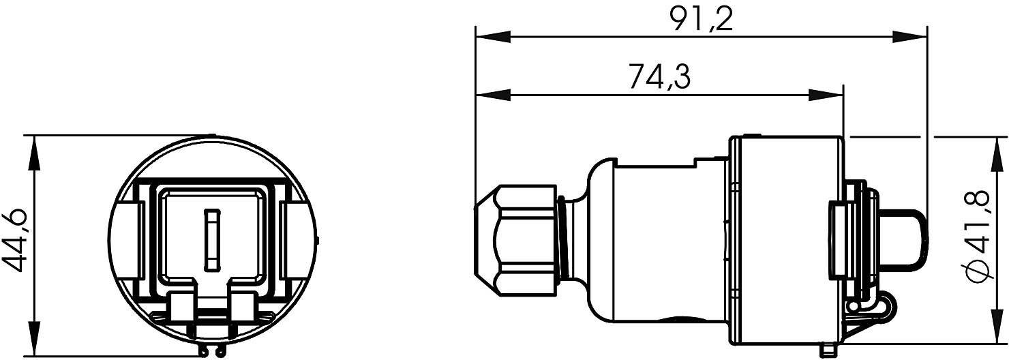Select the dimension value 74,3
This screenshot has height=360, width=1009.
659,77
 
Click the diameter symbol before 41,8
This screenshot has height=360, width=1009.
979,271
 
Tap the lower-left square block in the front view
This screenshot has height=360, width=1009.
182,307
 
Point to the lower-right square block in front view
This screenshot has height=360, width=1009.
244,307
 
